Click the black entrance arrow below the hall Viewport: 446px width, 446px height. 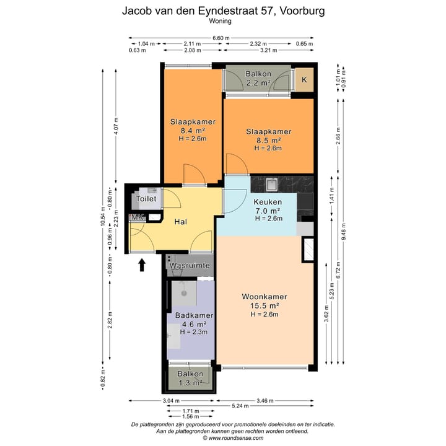click(x=142, y=265)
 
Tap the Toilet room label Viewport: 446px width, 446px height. click(x=146, y=199)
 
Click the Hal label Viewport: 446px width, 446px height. click(x=181, y=221)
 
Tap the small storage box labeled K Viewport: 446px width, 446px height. click(x=304, y=79)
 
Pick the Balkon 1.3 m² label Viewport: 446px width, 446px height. click(x=190, y=378)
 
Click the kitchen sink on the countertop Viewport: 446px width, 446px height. click(x=270, y=184)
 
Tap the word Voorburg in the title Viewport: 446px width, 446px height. click(x=295, y=11)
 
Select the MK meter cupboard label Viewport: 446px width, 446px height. click(x=135, y=217)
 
